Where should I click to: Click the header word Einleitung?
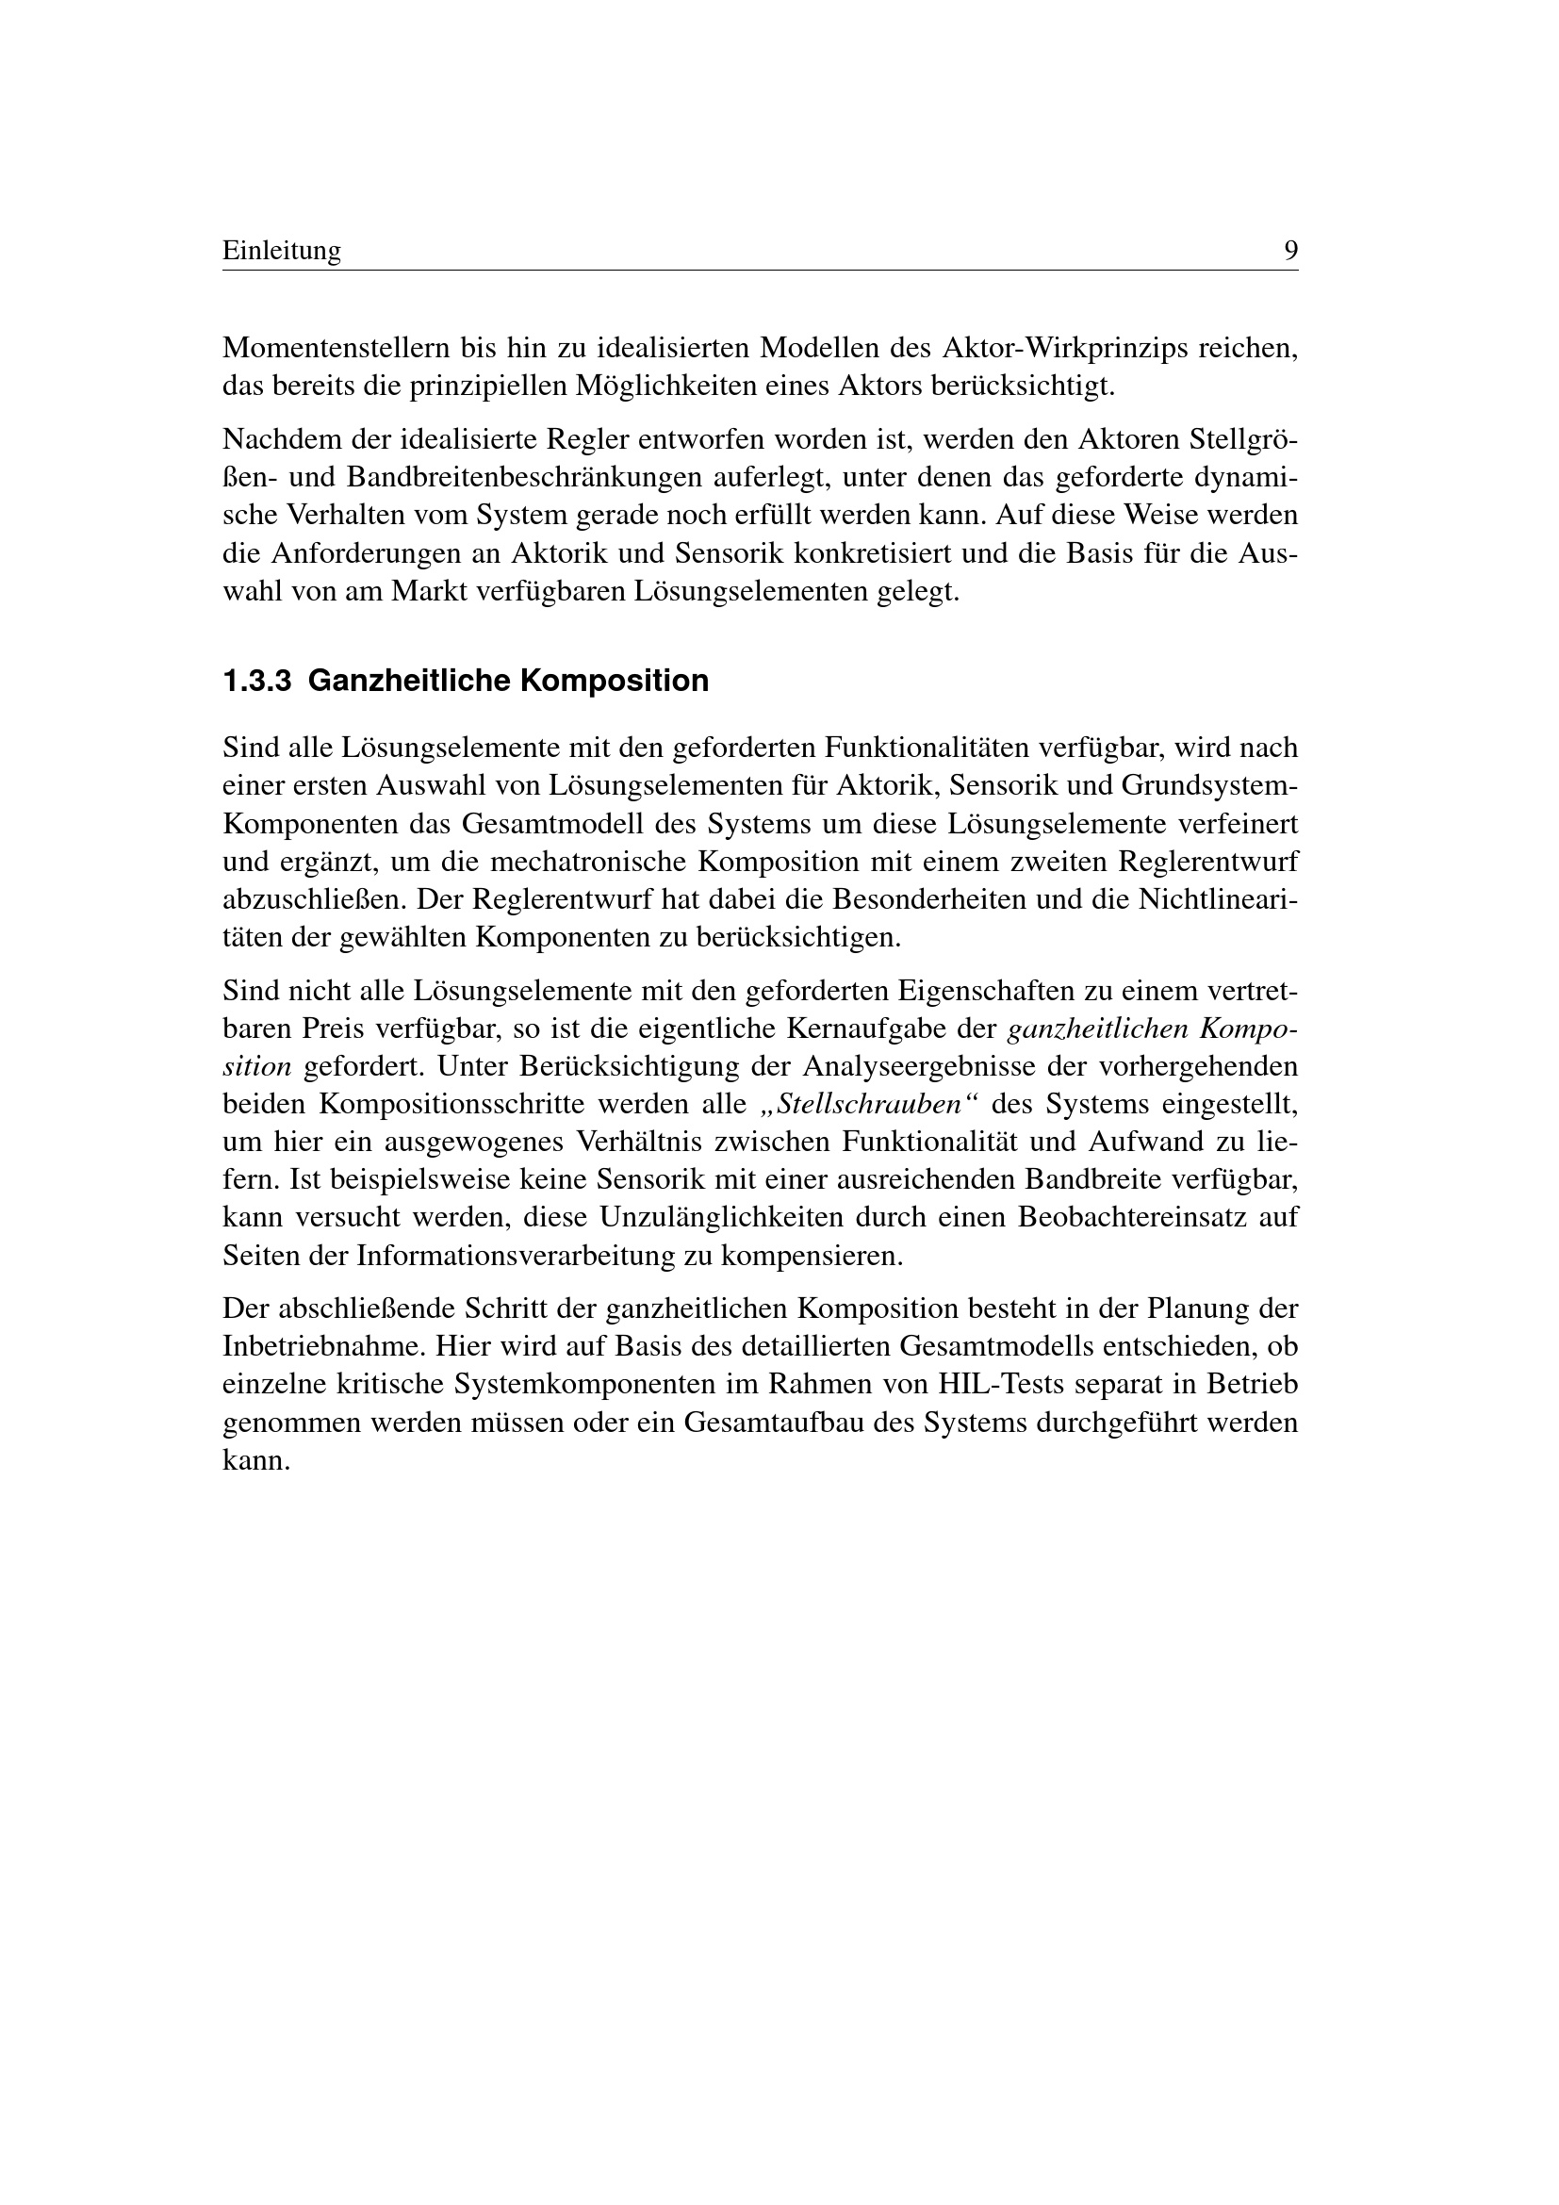[x=281, y=252]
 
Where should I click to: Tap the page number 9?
[x=1290, y=252]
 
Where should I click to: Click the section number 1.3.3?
[x=256, y=682]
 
